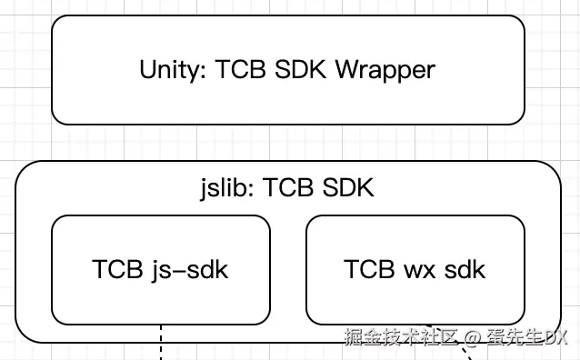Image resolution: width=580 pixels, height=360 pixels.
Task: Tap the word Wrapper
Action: tap(385, 70)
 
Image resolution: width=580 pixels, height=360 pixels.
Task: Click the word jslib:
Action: tap(228, 188)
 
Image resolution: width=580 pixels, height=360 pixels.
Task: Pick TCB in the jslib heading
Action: tap(289, 188)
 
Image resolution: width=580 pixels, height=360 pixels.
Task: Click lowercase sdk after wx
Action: tap(465, 270)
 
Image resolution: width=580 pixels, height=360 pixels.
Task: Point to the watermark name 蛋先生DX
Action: tap(525, 337)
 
